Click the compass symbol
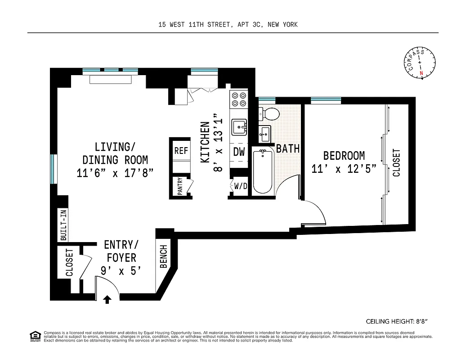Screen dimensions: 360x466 pyautogui.click(x=421, y=63)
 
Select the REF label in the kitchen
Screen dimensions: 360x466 pyautogui.click(x=181, y=151)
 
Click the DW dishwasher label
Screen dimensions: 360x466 pyautogui.click(x=239, y=152)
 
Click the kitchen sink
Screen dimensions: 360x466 pyautogui.click(x=238, y=127)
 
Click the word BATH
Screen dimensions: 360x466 pyautogui.click(x=288, y=148)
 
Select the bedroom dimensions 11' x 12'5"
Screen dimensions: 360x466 pyautogui.click(x=344, y=169)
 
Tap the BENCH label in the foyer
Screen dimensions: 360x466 pyautogui.click(x=163, y=256)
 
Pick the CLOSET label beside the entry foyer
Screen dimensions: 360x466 pyautogui.click(x=69, y=262)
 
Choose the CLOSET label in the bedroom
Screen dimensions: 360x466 pyautogui.click(x=396, y=162)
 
